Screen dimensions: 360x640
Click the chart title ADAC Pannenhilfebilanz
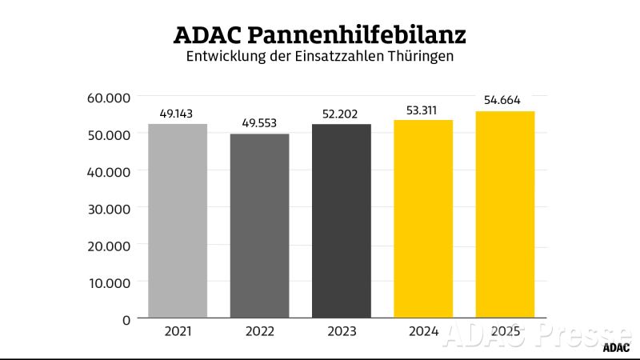tap(319, 35)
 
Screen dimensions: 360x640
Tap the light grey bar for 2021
tap(178, 221)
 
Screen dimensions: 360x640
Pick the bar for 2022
tap(259, 226)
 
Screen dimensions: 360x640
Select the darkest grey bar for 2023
tap(341, 221)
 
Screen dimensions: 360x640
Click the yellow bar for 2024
tap(423, 218)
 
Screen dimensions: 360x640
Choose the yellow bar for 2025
tap(505, 214)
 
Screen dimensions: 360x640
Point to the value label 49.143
tap(178, 114)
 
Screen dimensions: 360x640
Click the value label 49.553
tap(259, 124)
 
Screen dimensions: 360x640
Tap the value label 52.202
tap(341, 114)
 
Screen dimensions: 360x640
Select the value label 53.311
tap(423, 110)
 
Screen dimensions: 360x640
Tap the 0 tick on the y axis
tap(126, 319)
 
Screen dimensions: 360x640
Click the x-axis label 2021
tap(178, 330)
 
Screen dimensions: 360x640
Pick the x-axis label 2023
tap(341, 330)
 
